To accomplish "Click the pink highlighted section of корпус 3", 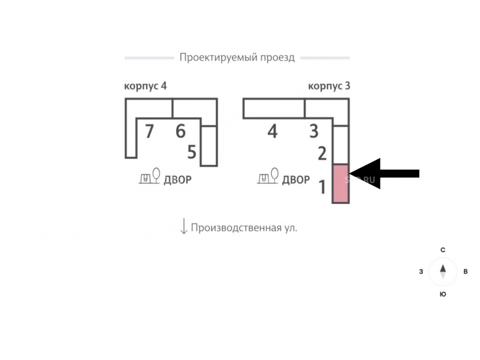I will pos(340,184).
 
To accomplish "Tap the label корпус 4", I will pos(145,86).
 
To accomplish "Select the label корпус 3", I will pos(329,86).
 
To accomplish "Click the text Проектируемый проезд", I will pos(237,58).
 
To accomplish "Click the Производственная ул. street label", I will pos(244,228).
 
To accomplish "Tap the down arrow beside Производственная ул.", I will pos(183,226).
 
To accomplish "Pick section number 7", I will pos(149,131).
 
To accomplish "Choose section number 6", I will pos(180,131).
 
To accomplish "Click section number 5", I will pos(192,153).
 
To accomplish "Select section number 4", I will pos(272,131).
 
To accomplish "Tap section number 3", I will pos(313,131).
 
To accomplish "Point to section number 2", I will pos(322,154).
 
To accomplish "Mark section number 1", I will pos(322,187).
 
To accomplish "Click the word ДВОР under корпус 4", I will pos(178,180).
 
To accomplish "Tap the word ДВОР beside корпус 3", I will pos(296,180).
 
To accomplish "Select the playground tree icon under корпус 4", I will pos(149,176).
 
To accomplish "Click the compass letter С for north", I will pos(443,250).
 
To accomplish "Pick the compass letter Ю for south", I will pos(443,294).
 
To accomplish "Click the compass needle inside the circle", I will pos(443,272).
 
